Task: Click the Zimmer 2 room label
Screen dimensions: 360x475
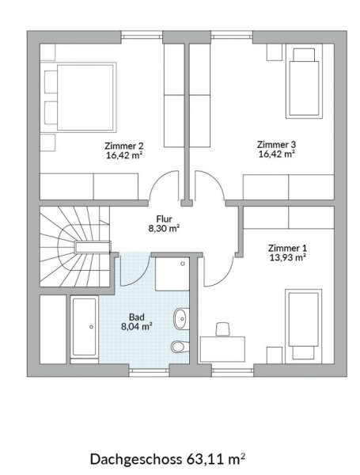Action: tap(124, 146)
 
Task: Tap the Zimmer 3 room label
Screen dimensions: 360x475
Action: tap(276, 145)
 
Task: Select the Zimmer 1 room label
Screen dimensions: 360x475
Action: tap(287, 248)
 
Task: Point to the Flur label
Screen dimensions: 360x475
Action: tap(164, 218)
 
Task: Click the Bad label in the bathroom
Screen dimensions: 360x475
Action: tap(137, 317)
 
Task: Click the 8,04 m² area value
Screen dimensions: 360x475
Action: tap(137, 327)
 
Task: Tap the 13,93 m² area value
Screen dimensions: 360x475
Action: tap(287, 258)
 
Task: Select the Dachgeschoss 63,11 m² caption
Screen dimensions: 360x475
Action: tap(168, 458)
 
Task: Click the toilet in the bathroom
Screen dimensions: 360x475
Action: tap(180, 346)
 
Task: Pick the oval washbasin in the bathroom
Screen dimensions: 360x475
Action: tap(181, 318)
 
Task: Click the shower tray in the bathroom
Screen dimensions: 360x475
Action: tap(172, 274)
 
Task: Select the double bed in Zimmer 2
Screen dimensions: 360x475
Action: tap(81, 97)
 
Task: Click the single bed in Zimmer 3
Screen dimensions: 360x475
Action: tap(302, 82)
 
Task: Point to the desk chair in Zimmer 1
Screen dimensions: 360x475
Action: tap(222, 329)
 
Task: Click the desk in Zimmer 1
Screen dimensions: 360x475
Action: tap(223, 348)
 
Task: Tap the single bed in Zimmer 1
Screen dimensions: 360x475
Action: tap(302, 325)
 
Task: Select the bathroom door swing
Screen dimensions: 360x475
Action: tap(135, 270)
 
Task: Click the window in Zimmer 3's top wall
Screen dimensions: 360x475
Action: tap(232, 36)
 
